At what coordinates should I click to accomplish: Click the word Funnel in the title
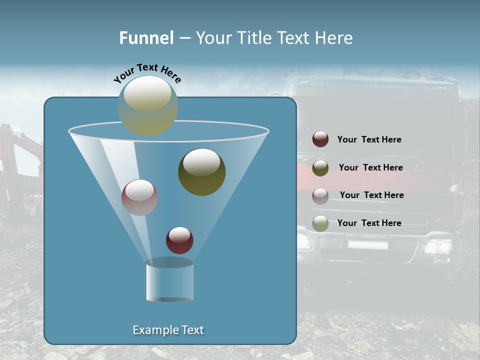(x=146, y=38)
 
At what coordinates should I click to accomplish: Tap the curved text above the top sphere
(x=147, y=73)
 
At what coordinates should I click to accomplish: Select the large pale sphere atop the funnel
(x=147, y=105)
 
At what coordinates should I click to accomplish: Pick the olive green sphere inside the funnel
(x=201, y=171)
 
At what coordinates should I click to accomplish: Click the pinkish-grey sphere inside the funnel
(x=139, y=197)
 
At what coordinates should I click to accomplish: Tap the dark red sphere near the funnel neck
(x=179, y=240)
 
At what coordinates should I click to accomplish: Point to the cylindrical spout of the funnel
(x=169, y=280)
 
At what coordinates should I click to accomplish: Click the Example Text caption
(x=168, y=330)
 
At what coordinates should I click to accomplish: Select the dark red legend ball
(x=320, y=139)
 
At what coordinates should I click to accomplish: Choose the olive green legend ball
(x=320, y=168)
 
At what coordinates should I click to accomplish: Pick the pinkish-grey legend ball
(x=320, y=196)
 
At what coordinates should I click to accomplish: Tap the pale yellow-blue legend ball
(x=320, y=223)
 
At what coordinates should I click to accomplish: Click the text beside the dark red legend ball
(x=369, y=139)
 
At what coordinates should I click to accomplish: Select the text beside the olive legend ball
(x=370, y=167)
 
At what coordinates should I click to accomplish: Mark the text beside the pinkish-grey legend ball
(x=371, y=195)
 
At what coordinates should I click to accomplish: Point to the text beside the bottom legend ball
(x=369, y=223)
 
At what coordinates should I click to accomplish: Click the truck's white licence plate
(x=367, y=244)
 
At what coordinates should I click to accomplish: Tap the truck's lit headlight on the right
(x=437, y=245)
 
